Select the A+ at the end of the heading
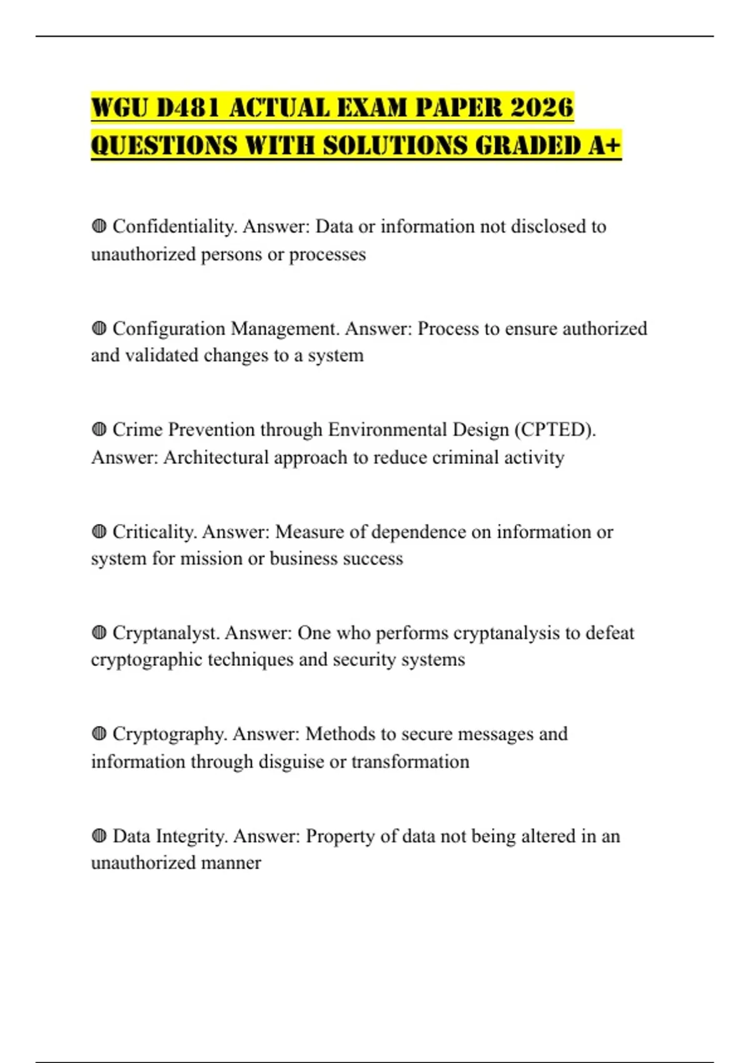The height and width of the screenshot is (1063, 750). [x=604, y=146]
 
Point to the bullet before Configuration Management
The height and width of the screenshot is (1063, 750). [x=99, y=328]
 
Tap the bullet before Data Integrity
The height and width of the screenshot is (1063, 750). [x=99, y=836]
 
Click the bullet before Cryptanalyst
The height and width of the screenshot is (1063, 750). [x=99, y=633]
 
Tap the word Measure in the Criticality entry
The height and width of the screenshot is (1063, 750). [x=309, y=532]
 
